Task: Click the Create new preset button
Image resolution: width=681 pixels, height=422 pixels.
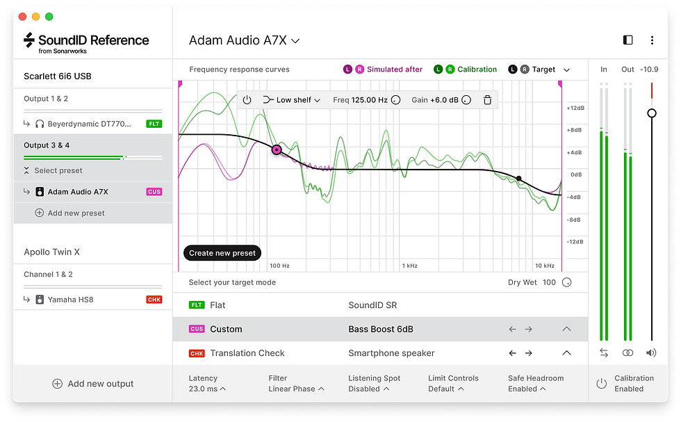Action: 222,253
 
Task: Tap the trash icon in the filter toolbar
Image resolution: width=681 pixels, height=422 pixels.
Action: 488,100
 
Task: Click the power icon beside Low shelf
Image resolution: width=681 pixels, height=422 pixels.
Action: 247,100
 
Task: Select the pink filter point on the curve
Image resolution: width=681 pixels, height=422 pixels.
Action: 277,149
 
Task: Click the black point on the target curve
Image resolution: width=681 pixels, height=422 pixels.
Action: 518,179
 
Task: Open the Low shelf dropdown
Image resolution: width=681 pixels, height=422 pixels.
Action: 293,100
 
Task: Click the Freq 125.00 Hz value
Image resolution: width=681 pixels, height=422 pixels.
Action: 360,100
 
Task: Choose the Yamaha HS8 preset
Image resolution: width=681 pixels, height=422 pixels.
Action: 69,300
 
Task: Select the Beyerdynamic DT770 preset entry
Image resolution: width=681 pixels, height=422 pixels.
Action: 88,124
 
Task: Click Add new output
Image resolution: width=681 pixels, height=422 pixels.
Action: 93,384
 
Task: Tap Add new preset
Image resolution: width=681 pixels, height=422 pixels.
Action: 76,213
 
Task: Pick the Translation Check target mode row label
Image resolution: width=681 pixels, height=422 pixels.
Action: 247,353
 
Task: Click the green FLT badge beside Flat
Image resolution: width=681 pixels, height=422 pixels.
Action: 197,305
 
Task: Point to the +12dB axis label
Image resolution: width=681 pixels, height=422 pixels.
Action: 576,108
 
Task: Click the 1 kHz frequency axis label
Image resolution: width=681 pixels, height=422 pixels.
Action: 409,266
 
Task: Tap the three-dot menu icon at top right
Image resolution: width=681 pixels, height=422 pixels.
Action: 652,40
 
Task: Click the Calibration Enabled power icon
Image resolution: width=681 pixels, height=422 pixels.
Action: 602,384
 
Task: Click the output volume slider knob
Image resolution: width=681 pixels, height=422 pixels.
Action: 652,113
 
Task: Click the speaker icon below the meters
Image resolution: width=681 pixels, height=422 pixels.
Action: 651,353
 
